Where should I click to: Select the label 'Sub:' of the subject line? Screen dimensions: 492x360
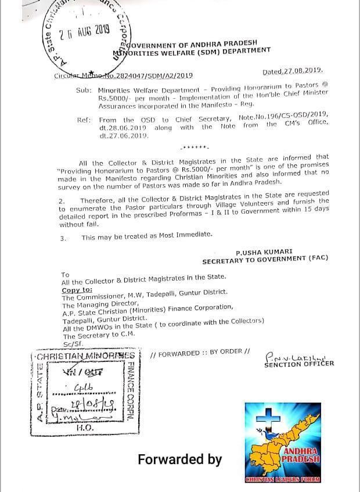(x=84, y=91)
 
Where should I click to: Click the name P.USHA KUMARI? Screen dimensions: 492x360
(x=264, y=252)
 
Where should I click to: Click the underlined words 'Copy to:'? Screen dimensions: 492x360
(x=77, y=289)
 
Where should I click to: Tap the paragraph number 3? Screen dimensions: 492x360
(x=63, y=238)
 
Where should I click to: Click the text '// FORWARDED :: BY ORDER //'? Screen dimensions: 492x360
(x=200, y=354)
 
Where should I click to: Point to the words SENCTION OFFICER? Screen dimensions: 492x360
(x=299, y=364)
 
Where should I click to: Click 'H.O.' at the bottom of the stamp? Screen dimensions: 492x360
(x=85, y=427)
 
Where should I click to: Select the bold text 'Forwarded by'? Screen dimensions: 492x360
(x=179, y=459)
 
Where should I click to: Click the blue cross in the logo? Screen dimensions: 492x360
(x=268, y=416)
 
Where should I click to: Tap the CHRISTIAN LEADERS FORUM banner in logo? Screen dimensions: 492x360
(x=283, y=479)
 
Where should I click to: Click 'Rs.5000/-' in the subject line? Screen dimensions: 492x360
(x=116, y=99)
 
